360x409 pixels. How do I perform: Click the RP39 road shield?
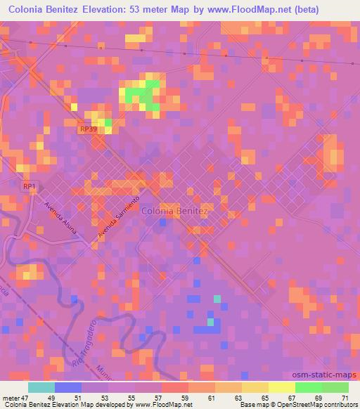(87, 129)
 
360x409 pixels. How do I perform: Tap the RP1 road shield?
(29, 186)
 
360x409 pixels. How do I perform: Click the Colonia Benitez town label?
(175, 210)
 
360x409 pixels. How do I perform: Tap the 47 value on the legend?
(27, 398)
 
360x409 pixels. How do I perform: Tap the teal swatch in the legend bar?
(41, 387)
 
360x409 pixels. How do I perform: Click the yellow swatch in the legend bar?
(281, 387)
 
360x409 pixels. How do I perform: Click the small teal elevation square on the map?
(217, 299)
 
